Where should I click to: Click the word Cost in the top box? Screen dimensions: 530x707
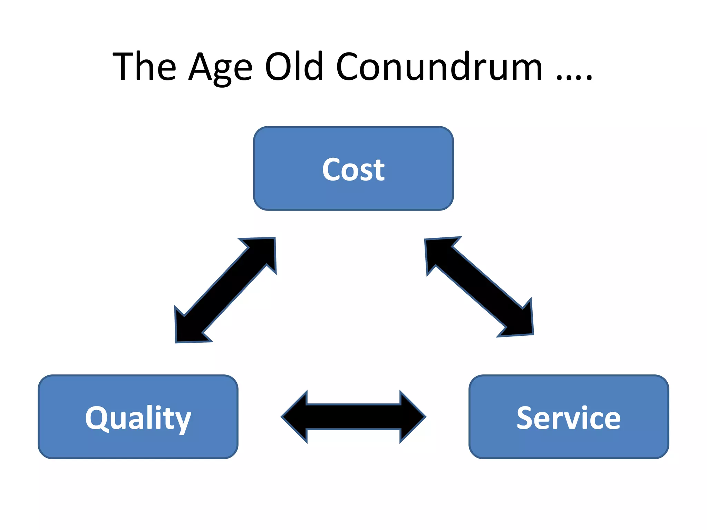tap(353, 169)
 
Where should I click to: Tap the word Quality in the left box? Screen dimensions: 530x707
tap(138, 418)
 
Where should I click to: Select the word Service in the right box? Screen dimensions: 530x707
tap(569, 418)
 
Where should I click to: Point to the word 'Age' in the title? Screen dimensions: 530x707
tap(221, 67)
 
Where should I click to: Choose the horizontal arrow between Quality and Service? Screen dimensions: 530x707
tap(353, 417)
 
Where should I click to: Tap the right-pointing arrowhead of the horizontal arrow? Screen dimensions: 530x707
tap(411, 417)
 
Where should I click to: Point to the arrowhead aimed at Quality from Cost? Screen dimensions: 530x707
tap(188, 328)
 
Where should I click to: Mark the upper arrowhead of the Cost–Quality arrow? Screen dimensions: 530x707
tap(264, 250)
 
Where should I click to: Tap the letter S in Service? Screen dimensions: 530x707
tap(525, 418)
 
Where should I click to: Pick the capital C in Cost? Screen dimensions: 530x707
tap(332, 169)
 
